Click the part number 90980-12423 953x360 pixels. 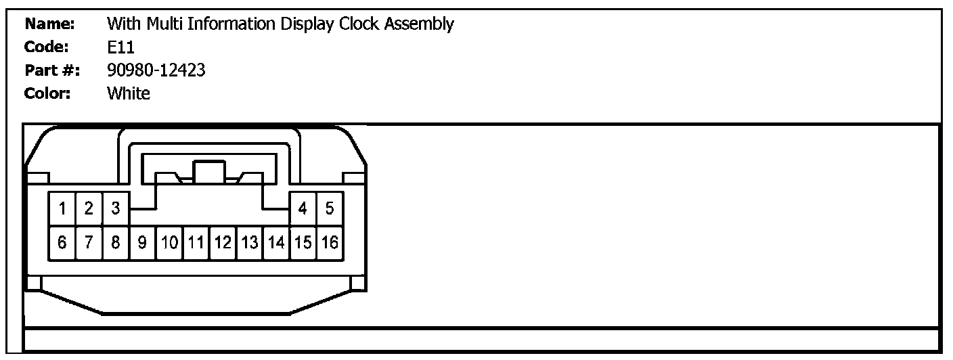[x=156, y=70]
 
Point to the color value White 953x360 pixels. [x=129, y=93]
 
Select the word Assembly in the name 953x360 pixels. [x=420, y=25]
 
